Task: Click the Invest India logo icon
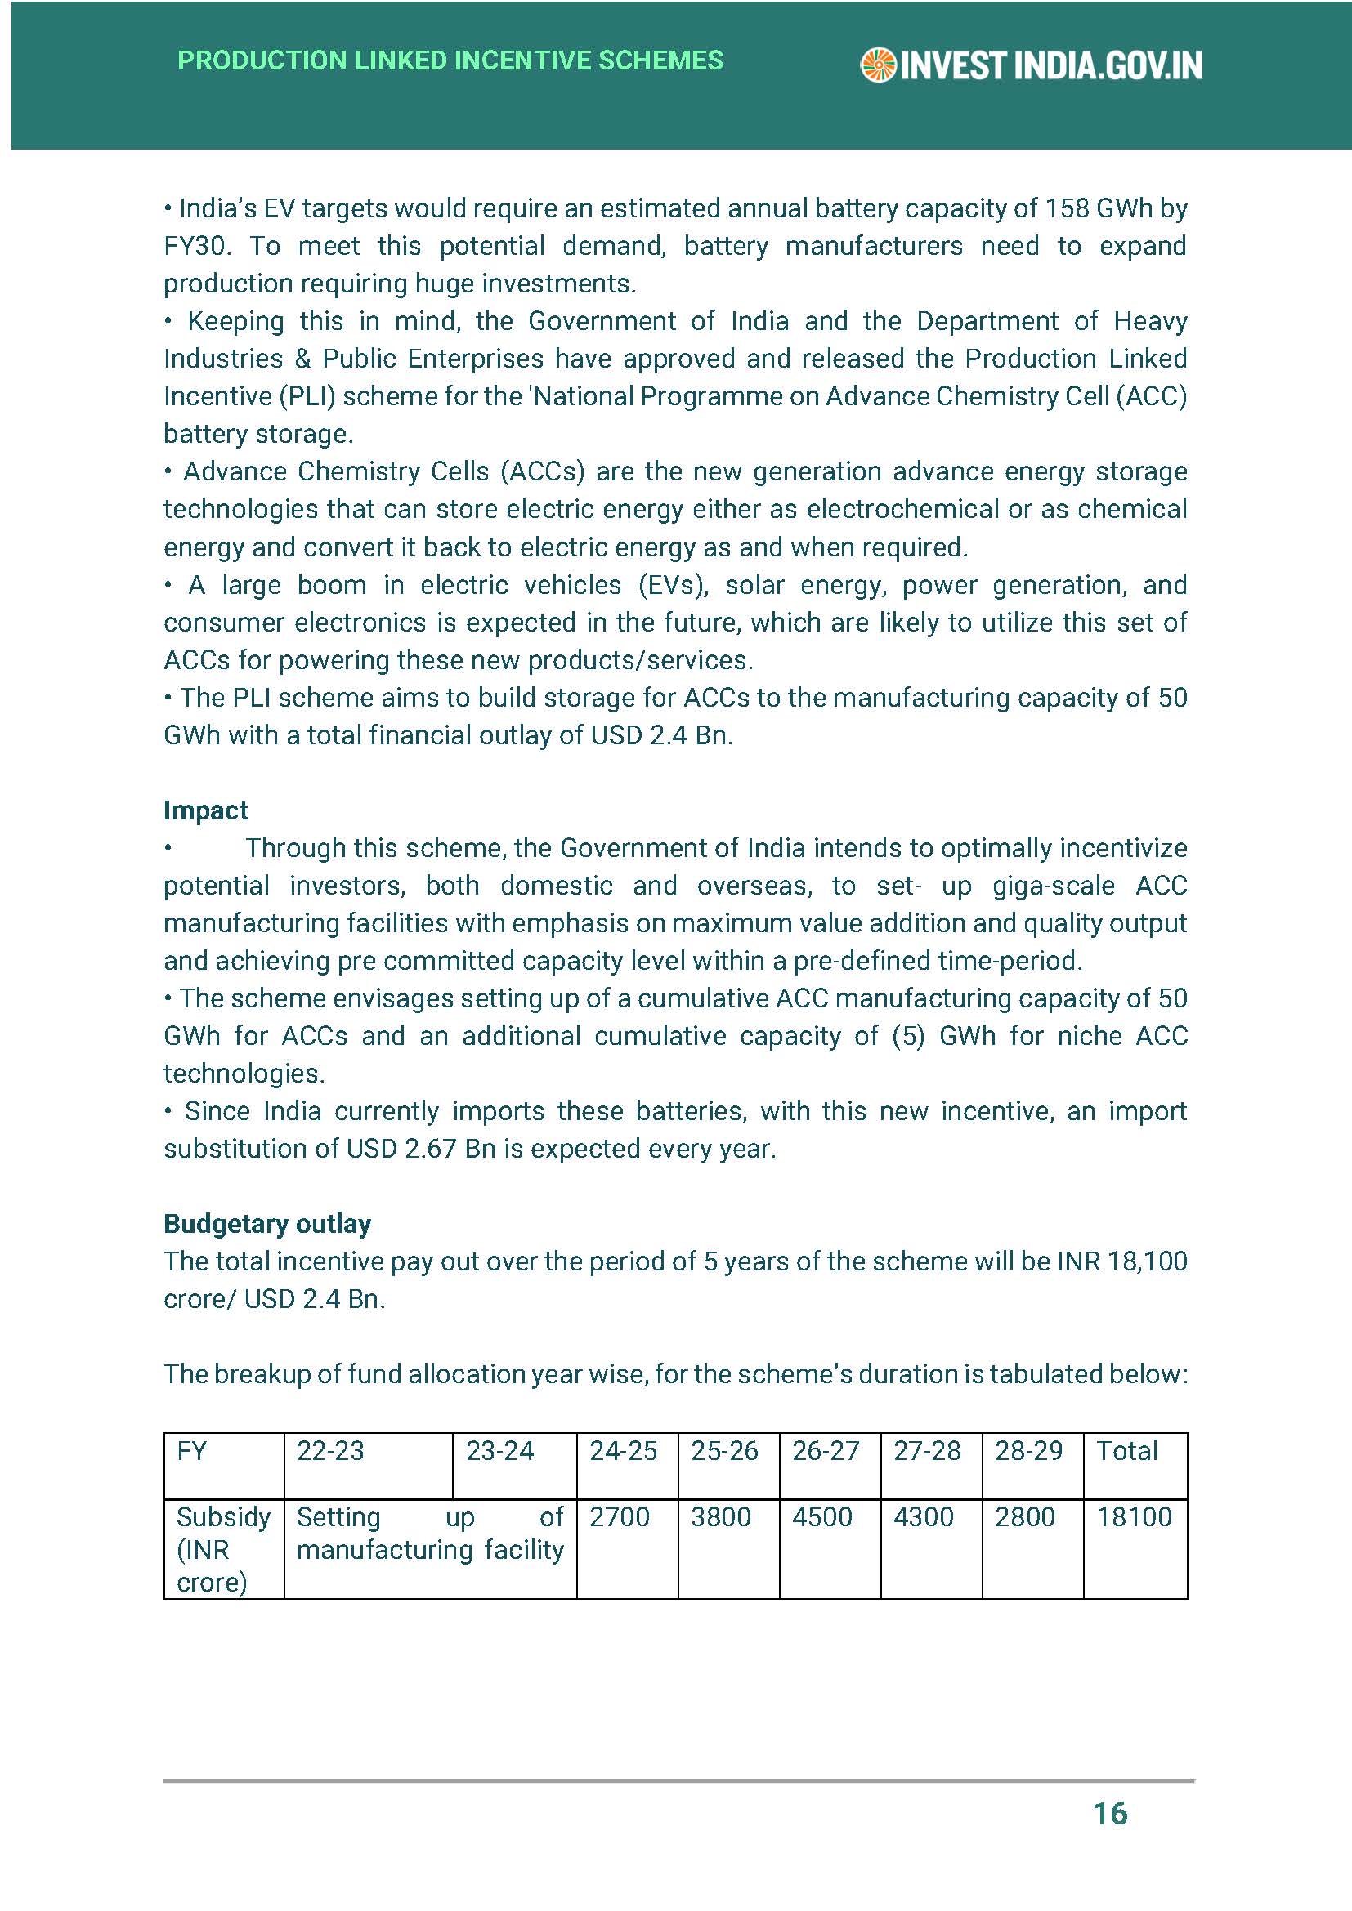click(x=877, y=65)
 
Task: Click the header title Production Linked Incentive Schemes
click(x=450, y=60)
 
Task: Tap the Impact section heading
click(x=206, y=810)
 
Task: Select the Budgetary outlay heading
click(x=267, y=1224)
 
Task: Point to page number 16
click(x=1110, y=1813)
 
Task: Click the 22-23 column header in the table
click(x=330, y=1451)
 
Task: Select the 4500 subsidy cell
click(x=821, y=1516)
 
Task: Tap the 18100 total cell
click(x=1134, y=1516)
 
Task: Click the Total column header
click(x=1126, y=1451)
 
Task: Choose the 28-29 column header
click(x=1028, y=1451)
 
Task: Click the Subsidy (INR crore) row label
click(x=222, y=1549)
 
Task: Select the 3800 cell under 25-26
click(x=720, y=1516)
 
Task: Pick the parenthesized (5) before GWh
click(x=907, y=1035)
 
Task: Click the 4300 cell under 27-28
click(x=923, y=1516)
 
